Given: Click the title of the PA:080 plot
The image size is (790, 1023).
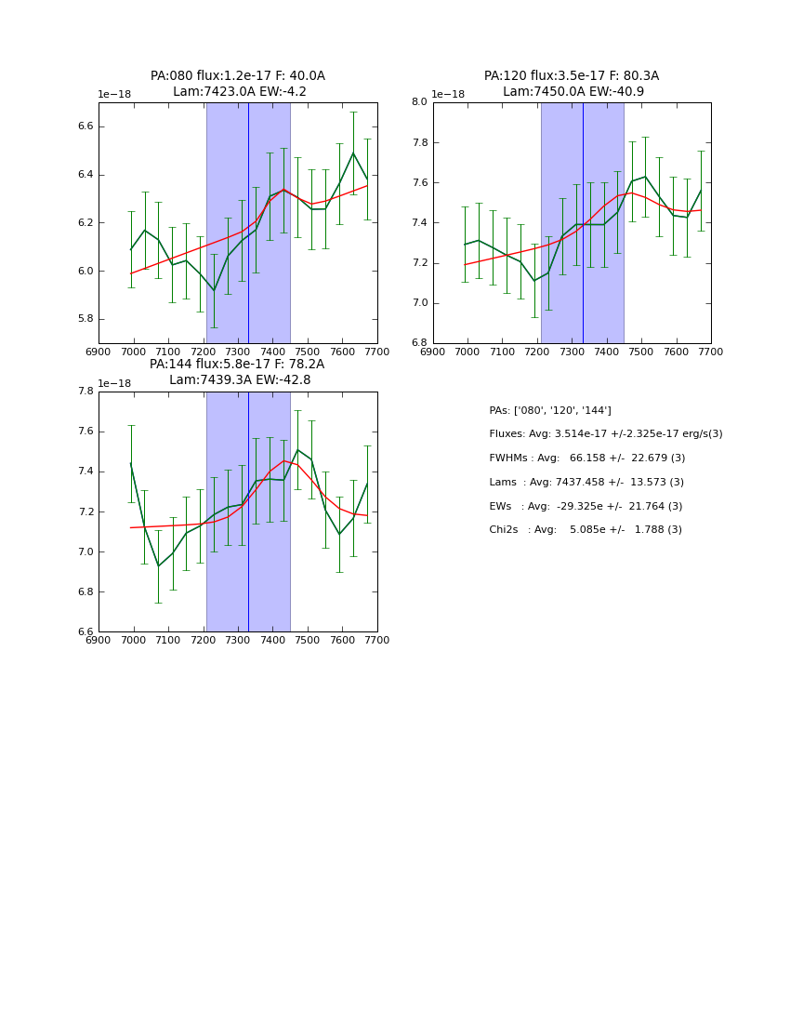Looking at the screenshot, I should pyautogui.click(x=238, y=84).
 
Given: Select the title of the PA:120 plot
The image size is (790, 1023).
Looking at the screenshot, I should pyautogui.click(x=572, y=84).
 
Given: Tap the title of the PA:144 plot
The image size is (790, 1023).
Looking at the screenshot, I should pyautogui.click(x=238, y=372).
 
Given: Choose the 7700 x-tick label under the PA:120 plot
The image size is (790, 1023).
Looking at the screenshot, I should pyautogui.click(x=711, y=352).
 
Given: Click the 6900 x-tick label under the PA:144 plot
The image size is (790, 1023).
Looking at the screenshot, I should pyautogui.click(x=99, y=640).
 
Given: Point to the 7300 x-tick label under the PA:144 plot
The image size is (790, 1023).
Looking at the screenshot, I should pyautogui.click(x=238, y=640).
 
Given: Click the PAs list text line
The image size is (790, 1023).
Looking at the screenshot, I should pyautogui.click(x=550, y=410).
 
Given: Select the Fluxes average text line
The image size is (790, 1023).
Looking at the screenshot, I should pyautogui.click(x=605, y=434).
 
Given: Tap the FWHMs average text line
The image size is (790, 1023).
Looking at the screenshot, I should pyautogui.click(x=586, y=458).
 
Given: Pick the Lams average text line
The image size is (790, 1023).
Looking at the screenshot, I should pyautogui.click(x=586, y=482).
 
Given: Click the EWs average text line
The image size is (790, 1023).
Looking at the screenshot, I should pyautogui.click(x=586, y=506).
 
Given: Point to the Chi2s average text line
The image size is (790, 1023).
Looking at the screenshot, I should pyautogui.click(x=586, y=529).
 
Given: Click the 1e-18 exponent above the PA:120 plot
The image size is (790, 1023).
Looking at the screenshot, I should pyautogui.click(x=448, y=94).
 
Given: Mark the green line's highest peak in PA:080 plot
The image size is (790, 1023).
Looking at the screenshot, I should pyautogui.click(x=353, y=153).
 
